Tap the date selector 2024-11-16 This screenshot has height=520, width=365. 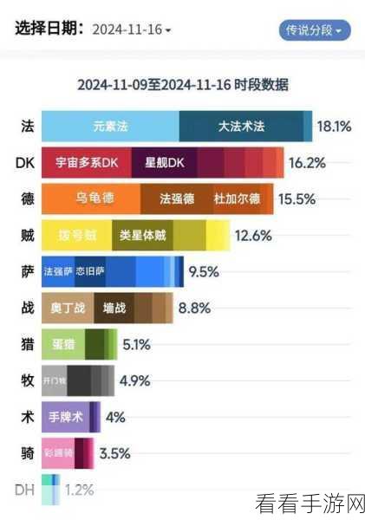pyautogui.click(x=130, y=29)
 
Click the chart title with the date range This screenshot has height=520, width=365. pyautogui.click(x=183, y=85)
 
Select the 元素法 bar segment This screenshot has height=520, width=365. pyautogui.click(x=110, y=127)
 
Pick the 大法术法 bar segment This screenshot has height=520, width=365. pyautogui.click(x=240, y=127)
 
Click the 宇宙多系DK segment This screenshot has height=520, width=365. pyautogui.click(x=86, y=162)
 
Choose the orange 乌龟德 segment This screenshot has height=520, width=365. pyautogui.click(x=95, y=198)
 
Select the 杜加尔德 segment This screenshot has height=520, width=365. pyautogui.click(x=236, y=198)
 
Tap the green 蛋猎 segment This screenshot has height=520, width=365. pyautogui.click(x=63, y=344)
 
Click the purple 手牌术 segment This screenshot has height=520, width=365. pyautogui.click(x=65, y=417)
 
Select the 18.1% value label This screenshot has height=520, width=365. pyautogui.click(x=334, y=127)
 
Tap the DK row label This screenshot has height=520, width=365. pyautogui.click(x=25, y=162)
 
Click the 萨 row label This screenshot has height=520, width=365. pyautogui.click(x=27, y=271)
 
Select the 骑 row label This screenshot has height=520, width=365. pyautogui.click(x=27, y=452)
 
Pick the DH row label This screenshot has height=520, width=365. pyautogui.click(x=25, y=490)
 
